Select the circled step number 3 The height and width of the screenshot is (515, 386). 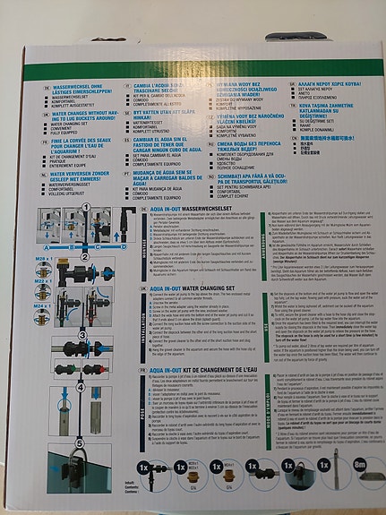[x=82, y=336]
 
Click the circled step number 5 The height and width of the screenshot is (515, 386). [x=82, y=442]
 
